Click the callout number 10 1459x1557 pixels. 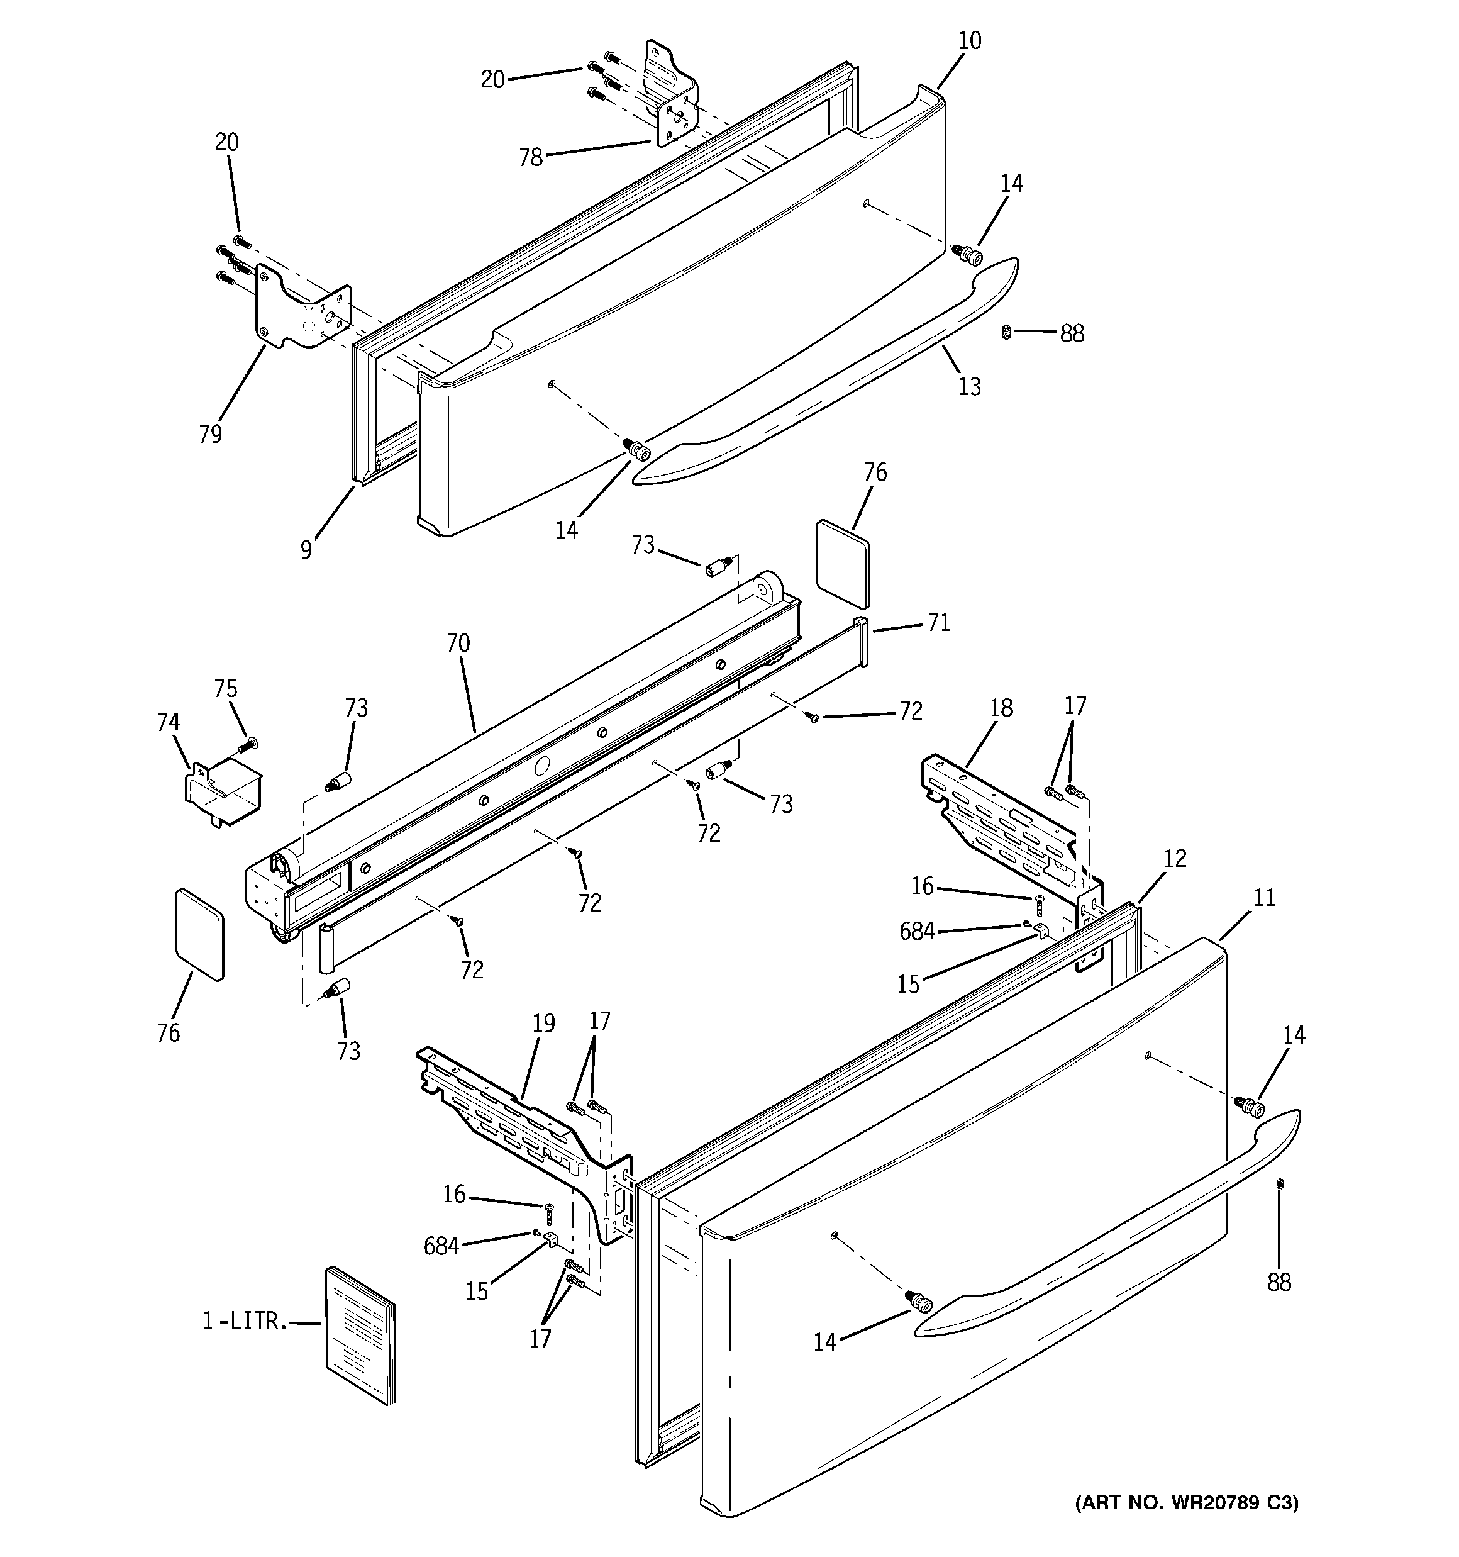pyautogui.click(x=970, y=41)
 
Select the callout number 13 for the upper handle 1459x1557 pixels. pyautogui.click(x=970, y=386)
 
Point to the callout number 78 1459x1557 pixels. pyautogui.click(x=531, y=158)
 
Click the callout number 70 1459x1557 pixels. pyautogui.click(x=458, y=644)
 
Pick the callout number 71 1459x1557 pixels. pyautogui.click(x=938, y=623)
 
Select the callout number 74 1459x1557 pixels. pyautogui.click(x=167, y=722)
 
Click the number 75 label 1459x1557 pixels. pyautogui.click(x=226, y=688)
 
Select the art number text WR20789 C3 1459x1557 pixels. pyautogui.click(x=1185, y=1502)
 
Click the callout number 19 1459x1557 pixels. pyautogui.click(x=543, y=1023)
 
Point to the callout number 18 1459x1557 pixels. pyautogui.click(x=1001, y=708)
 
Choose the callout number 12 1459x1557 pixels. pyautogui.click(x=1175, y=858)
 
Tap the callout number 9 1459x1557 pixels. pyautogui.click(x=306, y=550)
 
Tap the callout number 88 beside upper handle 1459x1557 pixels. pyautogui.click(x=1072, y=333)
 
